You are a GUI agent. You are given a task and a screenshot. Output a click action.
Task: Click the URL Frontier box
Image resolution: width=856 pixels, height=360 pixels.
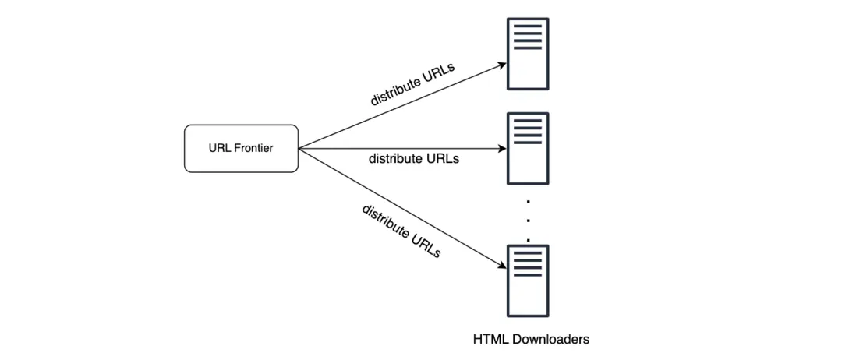click(x=241, y=148)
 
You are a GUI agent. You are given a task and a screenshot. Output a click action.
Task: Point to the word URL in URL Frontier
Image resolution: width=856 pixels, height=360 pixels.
click(x=219, y=148)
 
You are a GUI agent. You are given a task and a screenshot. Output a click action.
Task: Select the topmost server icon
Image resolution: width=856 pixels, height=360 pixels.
click(x=527, y=54)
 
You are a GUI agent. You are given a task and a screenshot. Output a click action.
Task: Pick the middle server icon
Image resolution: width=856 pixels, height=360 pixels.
click(x=527, y=148)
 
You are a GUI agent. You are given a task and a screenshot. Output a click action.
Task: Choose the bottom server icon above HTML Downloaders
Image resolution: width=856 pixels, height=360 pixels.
click(x=527, y=281)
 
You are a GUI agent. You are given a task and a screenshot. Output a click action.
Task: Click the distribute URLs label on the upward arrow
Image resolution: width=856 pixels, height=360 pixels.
click(x=412, y=85)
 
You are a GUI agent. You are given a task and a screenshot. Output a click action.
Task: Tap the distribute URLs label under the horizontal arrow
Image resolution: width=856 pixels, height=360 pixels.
click(x=413, y=159)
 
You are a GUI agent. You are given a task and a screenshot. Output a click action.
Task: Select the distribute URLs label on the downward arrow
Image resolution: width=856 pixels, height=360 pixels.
click(x=401, y=231)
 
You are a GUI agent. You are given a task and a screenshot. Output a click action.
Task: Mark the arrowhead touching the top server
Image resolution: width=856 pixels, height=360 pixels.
click(x=501, y=65)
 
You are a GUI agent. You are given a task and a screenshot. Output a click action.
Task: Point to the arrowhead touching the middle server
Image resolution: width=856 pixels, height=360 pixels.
click(x=501, y=148)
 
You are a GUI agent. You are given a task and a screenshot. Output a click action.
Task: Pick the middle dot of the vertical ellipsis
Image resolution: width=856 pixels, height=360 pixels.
click(x=528, y=220)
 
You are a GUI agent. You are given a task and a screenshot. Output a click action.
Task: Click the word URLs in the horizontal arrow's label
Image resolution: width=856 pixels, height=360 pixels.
click(x=443, y=159)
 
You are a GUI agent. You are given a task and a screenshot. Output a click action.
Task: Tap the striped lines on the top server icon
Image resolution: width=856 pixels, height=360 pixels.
click(x=527, y=37)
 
